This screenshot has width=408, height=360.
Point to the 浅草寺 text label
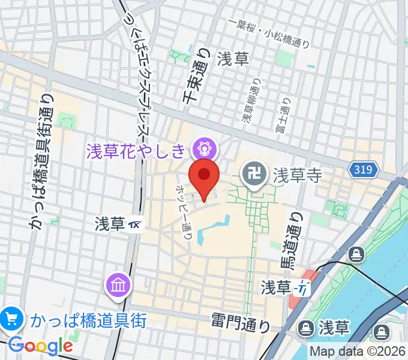(298, 175)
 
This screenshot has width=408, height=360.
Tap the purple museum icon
(118, 284)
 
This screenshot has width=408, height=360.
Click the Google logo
(40, 346)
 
